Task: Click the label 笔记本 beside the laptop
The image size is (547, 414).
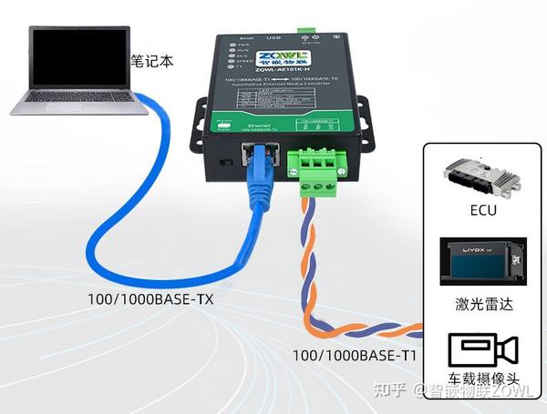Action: click(151, 63)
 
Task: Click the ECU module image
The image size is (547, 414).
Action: click(480, 177)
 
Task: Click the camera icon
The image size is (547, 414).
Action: click(482, 351)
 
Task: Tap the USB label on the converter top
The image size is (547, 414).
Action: click(271, 38)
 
